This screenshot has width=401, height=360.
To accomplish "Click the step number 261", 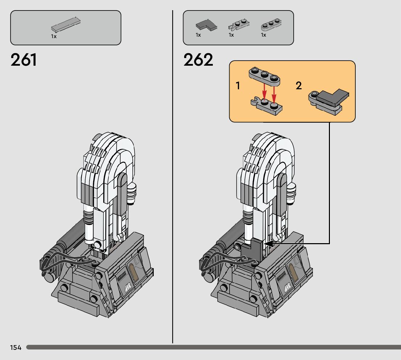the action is [x=24, y=60].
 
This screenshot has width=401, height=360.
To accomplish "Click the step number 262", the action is [x=198, y=60].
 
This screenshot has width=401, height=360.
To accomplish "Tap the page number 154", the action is [x=16, y=348].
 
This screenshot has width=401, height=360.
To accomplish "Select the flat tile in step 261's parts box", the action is [x=66, y=24].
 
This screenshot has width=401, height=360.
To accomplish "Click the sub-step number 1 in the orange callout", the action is [x=238, y=86].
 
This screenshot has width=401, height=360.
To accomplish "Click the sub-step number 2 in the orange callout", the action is [x=298, y=86].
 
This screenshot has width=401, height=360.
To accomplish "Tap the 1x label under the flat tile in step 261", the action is [x=54, y=37].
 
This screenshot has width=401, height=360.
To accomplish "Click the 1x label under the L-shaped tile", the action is [x=198, y=35].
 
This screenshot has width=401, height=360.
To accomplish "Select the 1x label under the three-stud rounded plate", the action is [x=264, y=35].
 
